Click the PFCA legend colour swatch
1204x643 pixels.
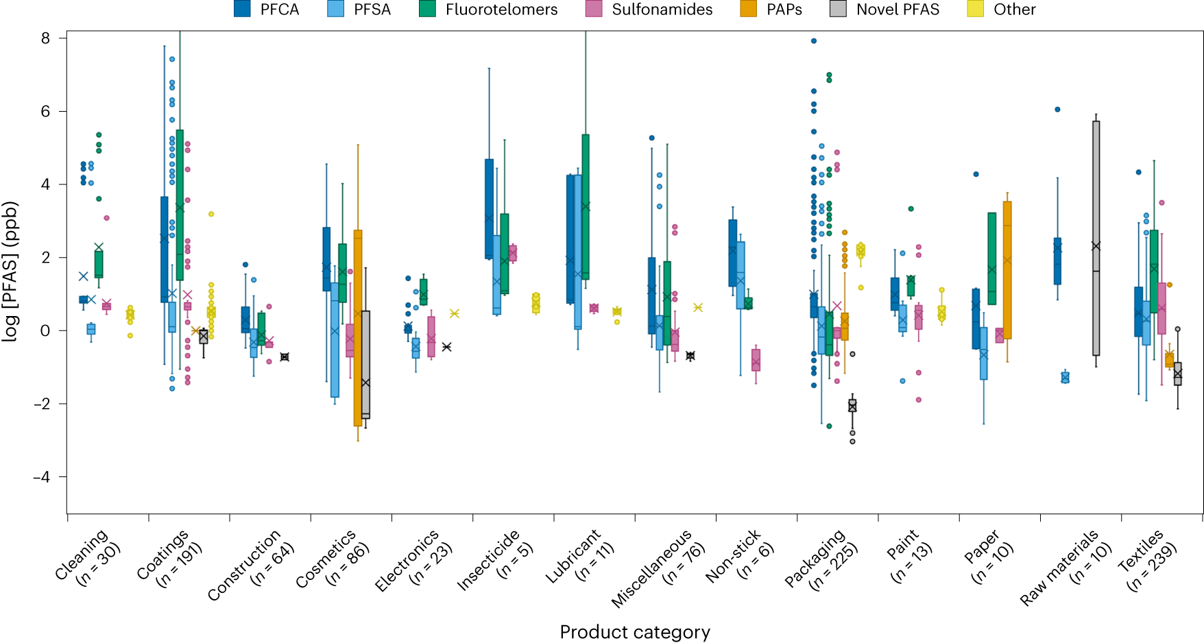click(x=242, y=9)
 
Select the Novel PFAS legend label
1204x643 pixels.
click(x=898, y=10)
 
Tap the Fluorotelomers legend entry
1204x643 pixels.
click(x=501, y=10)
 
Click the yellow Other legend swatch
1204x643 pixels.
click(x=975, y=9)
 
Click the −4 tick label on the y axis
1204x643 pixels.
click(x=42, y=477)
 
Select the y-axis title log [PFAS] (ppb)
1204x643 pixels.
click(x=10, y=271)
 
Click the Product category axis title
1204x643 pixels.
click(x=635, y=632)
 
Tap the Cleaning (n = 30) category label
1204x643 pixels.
click(x=88, y=557)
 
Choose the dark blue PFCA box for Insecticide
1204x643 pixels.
click(x=489, y=209)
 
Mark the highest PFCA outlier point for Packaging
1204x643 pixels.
click(x=814, y=41)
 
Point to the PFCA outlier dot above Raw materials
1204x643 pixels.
click(x=1057, y=110)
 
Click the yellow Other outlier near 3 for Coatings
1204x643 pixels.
click(x=211, y=214)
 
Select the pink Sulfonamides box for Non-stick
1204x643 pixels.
click(x=756, y=360)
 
